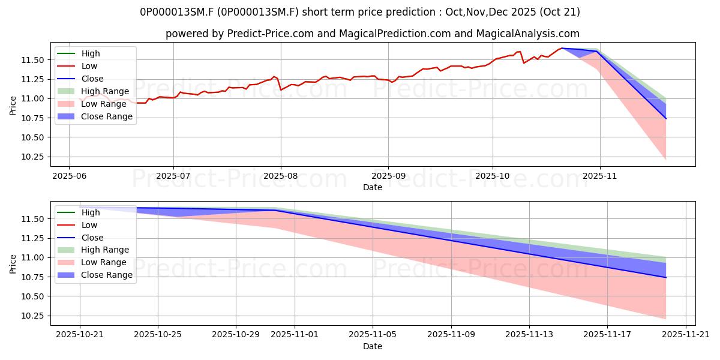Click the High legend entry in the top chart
pos(91,53)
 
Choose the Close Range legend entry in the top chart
pos(107,116)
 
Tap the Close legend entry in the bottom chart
pos(92,238)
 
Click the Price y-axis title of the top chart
pos(13,105)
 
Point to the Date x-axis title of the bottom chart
pos(373,346)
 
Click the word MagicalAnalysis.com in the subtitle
pos(527,34)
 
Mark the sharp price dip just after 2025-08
pos(281,90)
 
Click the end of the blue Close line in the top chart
pos(666,119)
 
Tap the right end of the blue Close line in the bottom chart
pos(666,277)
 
